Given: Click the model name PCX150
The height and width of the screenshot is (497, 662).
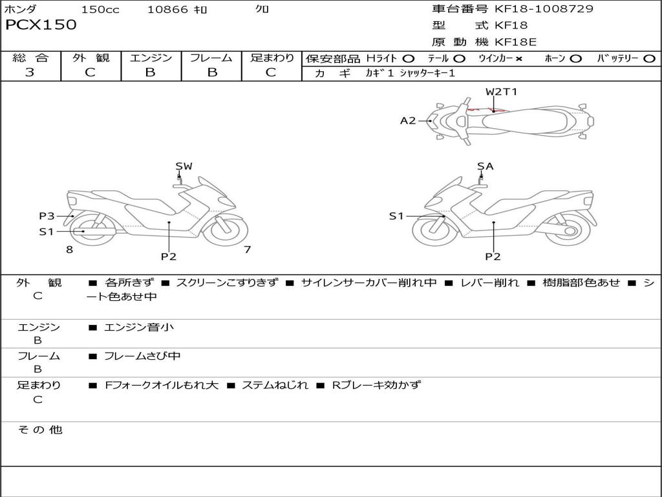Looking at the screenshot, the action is click(41, 25).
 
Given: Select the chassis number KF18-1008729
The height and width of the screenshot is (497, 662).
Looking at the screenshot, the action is click(544, 8).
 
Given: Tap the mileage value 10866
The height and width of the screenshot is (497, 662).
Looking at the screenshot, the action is click(167, 9).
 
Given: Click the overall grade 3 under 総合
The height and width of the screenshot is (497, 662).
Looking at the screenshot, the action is click(30, 72).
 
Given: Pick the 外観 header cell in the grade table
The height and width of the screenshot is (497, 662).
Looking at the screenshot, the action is click(91, 58).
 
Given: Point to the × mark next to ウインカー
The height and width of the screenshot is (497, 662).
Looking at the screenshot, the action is click(519, 59).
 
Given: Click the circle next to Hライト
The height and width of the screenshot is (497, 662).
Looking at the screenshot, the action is click(409, 59).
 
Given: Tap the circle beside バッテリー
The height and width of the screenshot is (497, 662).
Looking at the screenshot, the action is click(649, 59).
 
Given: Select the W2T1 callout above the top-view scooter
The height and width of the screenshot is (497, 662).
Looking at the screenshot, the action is click(501, 91).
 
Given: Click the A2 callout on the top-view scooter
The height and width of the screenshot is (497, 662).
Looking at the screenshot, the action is click(408, 121).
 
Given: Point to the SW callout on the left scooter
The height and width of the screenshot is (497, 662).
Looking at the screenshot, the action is click(184, 166).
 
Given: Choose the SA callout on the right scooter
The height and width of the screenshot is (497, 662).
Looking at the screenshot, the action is click(486, 166).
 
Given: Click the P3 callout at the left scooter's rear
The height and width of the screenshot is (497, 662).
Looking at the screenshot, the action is click(47, 216).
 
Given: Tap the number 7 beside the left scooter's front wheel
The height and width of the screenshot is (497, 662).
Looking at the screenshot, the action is click(248, 249).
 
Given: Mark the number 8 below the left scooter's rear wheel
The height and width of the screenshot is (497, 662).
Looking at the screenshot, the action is click(70, 249).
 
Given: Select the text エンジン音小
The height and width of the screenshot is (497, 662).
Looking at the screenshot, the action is click(139, 327).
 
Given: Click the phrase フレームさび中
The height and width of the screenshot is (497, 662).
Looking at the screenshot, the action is click(142, 357).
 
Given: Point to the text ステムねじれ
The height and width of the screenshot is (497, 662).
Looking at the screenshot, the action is click(275, 385).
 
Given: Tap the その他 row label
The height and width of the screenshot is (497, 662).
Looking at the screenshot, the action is click(40, 430).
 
